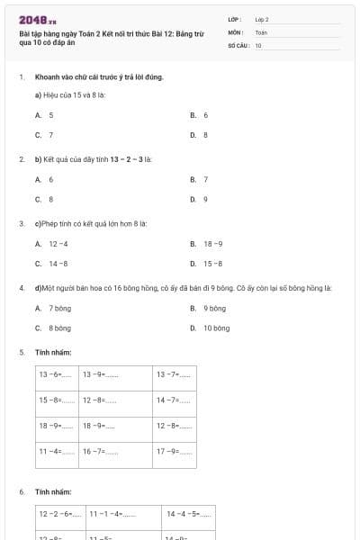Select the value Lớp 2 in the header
(x=262, y=19)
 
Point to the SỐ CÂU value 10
(x=258, y=44)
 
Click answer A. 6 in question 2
(x=44, y=179)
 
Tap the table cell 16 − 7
(x=101, y=451)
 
